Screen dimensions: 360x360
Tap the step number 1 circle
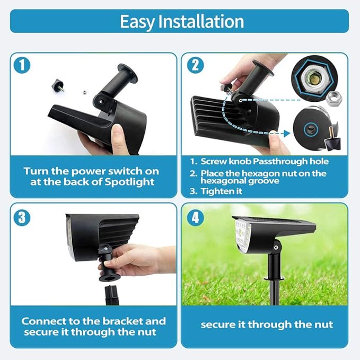(x=22, y=65)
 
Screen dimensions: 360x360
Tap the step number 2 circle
(x=194, y=65)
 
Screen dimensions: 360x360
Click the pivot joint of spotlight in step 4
(x=276, y=245)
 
